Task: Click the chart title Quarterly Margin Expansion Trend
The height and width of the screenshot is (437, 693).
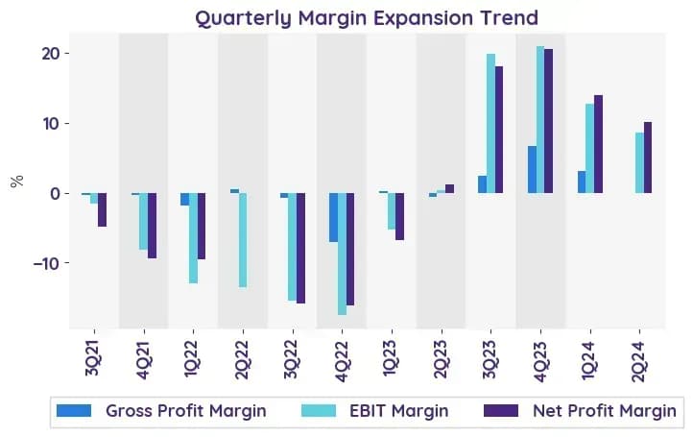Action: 367,18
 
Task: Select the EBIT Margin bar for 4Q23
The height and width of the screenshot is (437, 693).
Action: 540,119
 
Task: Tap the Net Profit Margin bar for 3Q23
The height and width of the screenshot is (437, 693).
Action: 498,130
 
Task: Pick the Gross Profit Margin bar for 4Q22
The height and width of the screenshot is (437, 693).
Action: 334,217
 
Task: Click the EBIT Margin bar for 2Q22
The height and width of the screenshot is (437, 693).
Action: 243,240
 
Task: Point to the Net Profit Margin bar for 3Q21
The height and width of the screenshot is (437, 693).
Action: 102,209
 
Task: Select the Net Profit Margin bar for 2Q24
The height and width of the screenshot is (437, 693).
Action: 648,158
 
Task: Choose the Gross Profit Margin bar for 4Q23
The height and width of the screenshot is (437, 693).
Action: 532,169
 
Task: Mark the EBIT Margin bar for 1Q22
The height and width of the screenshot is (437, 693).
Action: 193,238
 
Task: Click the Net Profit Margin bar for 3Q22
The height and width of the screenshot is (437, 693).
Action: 300,248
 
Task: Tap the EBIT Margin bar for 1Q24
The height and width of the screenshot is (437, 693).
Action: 590,149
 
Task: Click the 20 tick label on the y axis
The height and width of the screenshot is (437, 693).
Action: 50,54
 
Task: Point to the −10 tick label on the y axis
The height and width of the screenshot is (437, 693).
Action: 46,263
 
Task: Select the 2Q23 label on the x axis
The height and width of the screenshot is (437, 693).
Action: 442,359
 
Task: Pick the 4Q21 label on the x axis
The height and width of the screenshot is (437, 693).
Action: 144,360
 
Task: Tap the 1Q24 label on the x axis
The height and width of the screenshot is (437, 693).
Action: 589,359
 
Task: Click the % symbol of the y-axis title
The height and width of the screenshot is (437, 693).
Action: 16,181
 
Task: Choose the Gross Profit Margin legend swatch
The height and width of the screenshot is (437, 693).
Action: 74,410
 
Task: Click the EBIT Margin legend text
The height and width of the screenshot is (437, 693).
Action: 398,411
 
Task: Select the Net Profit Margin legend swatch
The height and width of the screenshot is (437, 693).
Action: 501,410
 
